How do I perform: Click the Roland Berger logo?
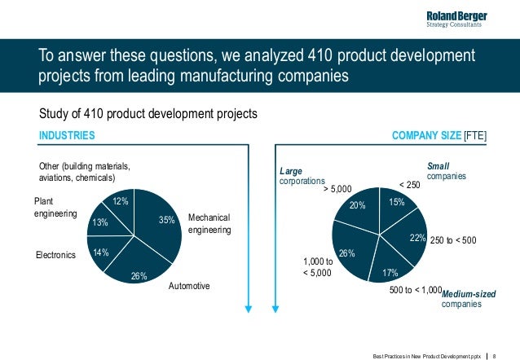[x=456, y=20]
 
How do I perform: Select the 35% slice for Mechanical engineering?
[x=159, y=222]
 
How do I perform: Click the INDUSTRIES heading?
[x=67, y=135]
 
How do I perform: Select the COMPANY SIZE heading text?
[x=426, y=135]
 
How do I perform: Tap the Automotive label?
[x=189, y=286]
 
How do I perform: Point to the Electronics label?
[x=55, y=255]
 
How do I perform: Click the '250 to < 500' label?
[x=453, y=240]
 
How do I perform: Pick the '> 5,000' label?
[x=337, y=189]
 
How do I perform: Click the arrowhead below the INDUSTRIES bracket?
[x=248, y=309]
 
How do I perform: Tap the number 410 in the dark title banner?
[x=319, y=55]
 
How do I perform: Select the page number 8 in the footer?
[x=494, y=357]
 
